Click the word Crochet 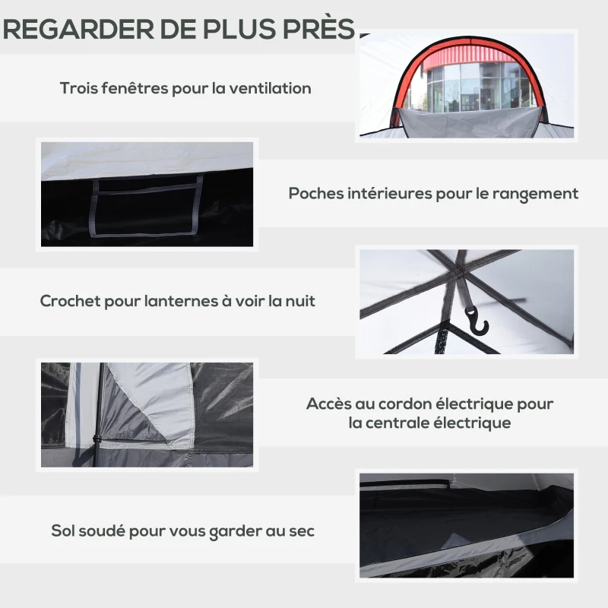[x=70, y=301]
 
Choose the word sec [x=301, y=530]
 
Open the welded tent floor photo [x=467, y=524]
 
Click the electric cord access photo [x=147, y=414]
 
